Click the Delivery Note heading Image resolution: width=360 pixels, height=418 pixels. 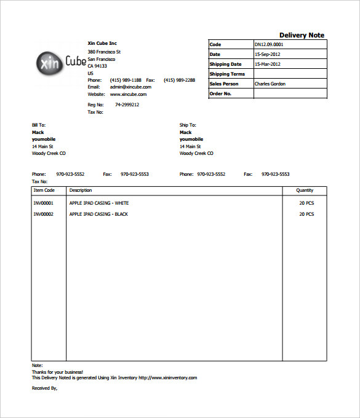click(302, 35)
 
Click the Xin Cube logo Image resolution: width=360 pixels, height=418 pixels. click(58, 63)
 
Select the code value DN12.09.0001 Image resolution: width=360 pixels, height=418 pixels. click(269, 45)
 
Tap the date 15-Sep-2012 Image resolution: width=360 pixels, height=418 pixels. click(266, 55)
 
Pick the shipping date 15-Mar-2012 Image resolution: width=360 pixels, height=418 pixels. click(266, 65)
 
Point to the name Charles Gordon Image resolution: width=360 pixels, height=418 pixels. click(270, 84)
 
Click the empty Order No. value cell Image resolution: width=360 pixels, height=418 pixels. click(290, 94)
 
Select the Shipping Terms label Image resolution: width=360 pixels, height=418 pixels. click(227, 74)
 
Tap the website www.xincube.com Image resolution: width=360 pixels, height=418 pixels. click(128, 95)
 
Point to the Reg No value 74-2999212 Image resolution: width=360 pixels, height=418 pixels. click(127, 105)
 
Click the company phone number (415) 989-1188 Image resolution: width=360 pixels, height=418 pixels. click(126, 80)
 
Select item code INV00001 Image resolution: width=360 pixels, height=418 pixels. click(44, 203)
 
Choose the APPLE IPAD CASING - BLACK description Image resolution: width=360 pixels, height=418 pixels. click(98, 214)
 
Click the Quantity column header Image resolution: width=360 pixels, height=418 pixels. click(305, 191)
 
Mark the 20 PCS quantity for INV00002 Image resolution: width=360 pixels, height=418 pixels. click(306, 214)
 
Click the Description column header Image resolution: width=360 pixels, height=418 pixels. click(81, 191)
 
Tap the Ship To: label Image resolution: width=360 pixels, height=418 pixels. click(188, 125)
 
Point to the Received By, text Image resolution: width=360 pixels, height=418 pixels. click(44, 388)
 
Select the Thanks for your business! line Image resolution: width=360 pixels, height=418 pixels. click(57, 372)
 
